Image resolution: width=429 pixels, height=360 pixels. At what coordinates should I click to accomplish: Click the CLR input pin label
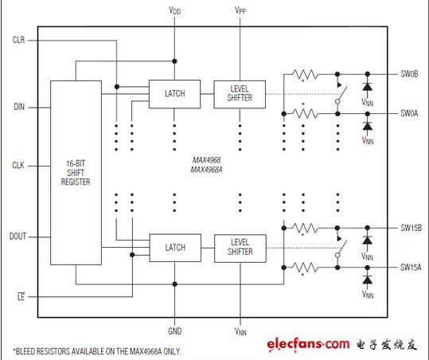18,40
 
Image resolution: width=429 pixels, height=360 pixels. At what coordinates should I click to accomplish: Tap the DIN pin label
19,107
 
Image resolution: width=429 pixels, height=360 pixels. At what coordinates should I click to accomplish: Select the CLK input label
18,166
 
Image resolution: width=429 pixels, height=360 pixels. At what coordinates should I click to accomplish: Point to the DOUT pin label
18,237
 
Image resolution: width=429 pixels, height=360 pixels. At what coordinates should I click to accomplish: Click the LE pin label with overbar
21,296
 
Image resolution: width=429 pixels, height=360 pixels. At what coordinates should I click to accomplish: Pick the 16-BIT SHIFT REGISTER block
76,173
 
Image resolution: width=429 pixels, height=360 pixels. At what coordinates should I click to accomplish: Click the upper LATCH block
174,94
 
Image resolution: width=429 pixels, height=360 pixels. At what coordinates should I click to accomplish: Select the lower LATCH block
175,248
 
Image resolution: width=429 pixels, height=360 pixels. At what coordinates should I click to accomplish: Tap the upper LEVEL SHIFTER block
240,94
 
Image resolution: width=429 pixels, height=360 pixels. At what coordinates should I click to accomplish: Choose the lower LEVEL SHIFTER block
240,248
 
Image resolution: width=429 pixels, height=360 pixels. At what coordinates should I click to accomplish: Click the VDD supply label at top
174,10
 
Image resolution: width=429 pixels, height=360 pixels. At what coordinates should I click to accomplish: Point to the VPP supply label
240,10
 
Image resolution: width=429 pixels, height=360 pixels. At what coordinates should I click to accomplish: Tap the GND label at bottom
175,331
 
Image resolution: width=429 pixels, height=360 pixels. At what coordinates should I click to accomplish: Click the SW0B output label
409,74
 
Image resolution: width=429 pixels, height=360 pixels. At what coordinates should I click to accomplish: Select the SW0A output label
409,113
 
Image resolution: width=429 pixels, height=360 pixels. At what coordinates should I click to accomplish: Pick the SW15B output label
411,228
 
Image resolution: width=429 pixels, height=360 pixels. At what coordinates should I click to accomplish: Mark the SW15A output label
411,267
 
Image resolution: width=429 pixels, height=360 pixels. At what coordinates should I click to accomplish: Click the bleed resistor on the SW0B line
305,74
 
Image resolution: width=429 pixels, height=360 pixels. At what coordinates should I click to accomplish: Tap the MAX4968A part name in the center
207,170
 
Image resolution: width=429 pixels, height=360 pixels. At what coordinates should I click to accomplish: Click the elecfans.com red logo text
308,344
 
